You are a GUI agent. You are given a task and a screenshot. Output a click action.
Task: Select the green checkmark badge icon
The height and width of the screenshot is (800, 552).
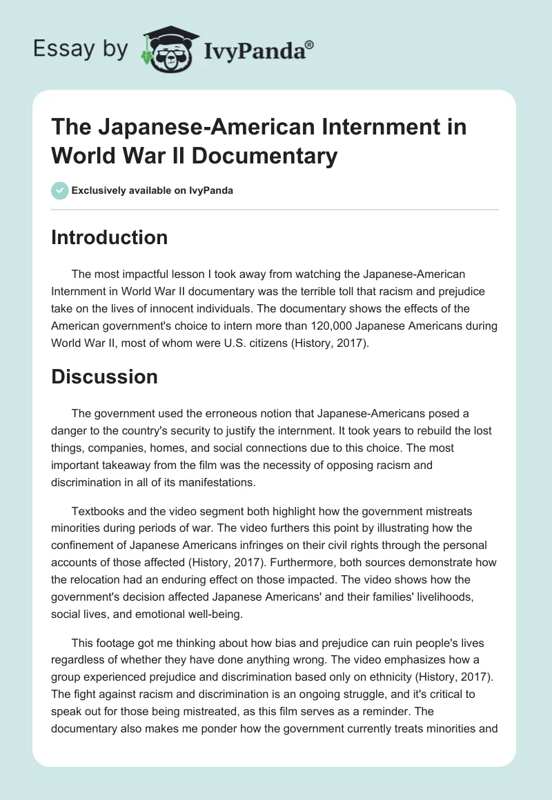tap(59, 190)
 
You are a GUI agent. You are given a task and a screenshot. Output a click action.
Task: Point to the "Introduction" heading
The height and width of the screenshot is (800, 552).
tap(110, 237)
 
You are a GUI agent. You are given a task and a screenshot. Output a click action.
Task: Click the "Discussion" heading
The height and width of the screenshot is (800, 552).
tap(105, 377)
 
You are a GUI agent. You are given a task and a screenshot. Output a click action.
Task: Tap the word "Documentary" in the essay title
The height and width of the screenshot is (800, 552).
tap(265, 156)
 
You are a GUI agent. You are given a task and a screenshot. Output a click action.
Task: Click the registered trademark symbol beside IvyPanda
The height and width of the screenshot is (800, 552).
tap(310, 45)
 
